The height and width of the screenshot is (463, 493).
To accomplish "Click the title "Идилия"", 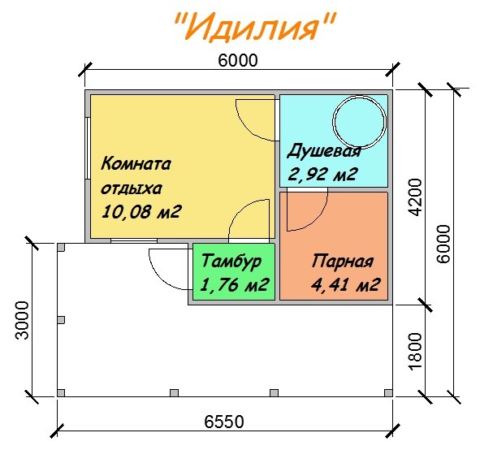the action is [x=255, y=27].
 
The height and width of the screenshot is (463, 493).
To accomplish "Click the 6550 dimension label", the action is [x=224, y=422].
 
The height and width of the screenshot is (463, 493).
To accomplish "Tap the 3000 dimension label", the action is [x=22, y=320].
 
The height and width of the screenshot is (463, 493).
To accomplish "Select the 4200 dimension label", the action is [x=415, y=197].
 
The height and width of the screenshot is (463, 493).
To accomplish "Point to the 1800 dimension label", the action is [x=415, y=352].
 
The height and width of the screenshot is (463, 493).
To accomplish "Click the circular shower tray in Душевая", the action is [x=359, y=121].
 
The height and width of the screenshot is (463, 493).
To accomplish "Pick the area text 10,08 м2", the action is [x=141, y=212].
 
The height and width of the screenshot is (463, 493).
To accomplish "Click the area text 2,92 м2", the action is [x=322, y=174].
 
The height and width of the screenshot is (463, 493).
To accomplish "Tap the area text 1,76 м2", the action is [x=234, y=284].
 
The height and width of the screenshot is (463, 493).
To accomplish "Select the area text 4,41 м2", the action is [x=345, y=284].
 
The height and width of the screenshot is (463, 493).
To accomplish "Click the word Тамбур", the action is [x=231, y=262].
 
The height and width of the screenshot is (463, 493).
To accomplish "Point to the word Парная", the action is [x=343, y=261].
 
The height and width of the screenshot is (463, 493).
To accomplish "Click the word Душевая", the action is [x=324, y=152].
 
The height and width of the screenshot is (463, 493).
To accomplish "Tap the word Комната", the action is [x=136, y=164].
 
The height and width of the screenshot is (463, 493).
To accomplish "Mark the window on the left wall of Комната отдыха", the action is [x=88, y=149].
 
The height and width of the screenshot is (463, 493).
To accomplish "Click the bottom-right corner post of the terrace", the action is [x=388, y=393].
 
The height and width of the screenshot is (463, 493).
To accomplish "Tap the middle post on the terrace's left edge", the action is [x=61, y=320].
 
